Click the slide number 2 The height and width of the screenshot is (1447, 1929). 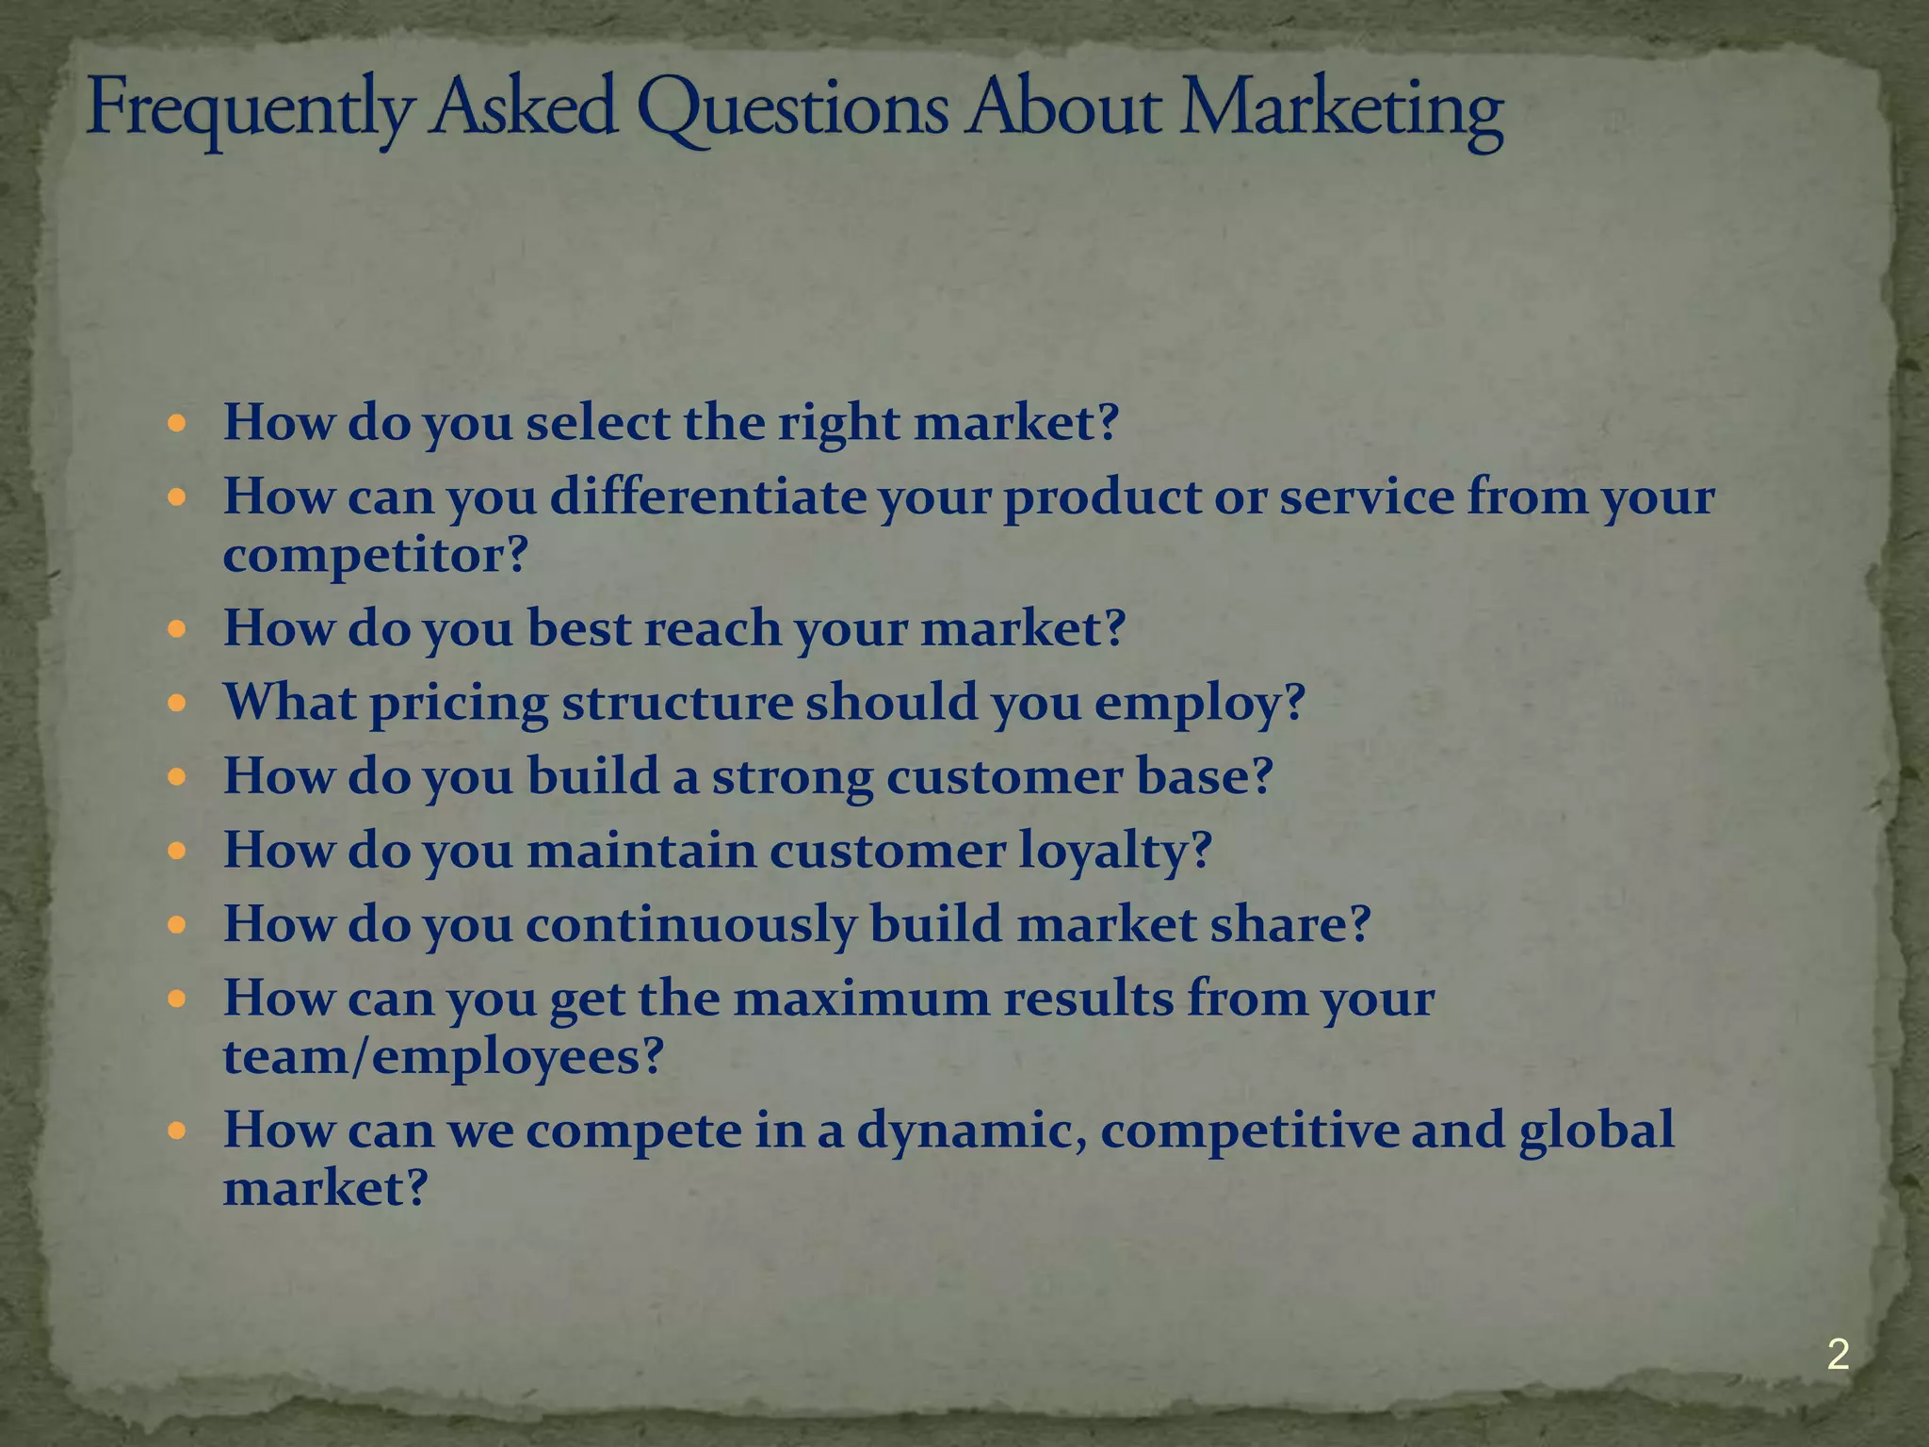tap(1838, 1355)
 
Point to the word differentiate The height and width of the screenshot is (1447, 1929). tap(707, 496)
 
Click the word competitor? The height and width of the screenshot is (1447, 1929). tap(376, 555)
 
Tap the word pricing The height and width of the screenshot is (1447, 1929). tap(459, 703)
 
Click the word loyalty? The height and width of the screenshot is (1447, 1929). tap(1115, 850)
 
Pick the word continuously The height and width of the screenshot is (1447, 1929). tap(690, 924)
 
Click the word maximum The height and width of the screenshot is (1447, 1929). tap(861, 998)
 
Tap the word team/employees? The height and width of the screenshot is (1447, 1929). tap(444, 1056)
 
